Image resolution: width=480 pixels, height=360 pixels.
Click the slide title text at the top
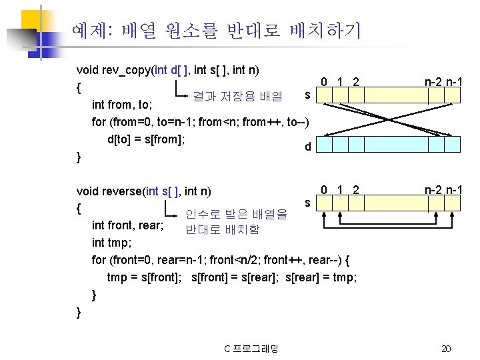coord(216,29)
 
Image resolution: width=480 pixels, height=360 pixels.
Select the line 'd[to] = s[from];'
coord(145,139)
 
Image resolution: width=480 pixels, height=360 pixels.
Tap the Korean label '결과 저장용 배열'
coord(237,97)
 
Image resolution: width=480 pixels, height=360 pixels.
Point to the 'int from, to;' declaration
coord(122,105)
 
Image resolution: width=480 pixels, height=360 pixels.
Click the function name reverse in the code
coord(124,192)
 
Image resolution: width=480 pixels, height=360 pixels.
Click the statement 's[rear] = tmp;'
coord(321,277)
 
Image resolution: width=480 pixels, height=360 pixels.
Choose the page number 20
coord(447,349)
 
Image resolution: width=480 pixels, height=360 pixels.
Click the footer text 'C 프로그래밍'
coord(251,349)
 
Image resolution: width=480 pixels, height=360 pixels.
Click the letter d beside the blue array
coord(307,146)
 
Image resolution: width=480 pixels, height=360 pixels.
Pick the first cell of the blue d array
coord(323,146)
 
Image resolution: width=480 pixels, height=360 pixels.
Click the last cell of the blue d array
coord(455,146)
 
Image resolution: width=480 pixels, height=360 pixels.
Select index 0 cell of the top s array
coord(323,95)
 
